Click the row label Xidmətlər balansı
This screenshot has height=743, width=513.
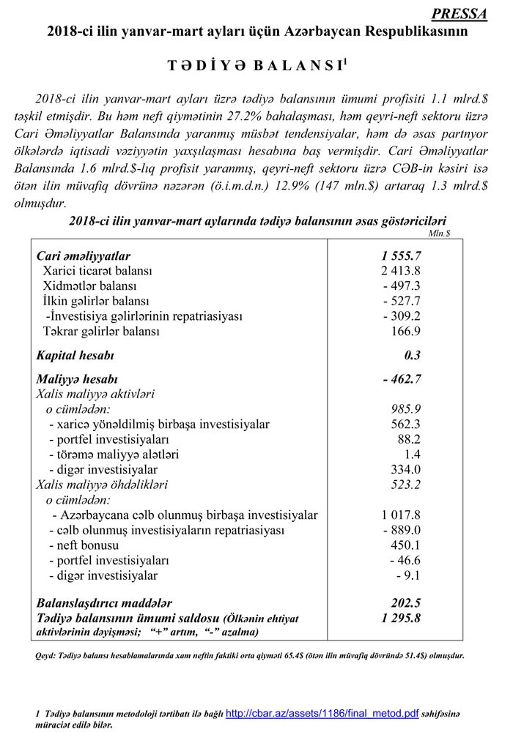pos(89,286)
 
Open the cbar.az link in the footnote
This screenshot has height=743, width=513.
pos(322,713)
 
